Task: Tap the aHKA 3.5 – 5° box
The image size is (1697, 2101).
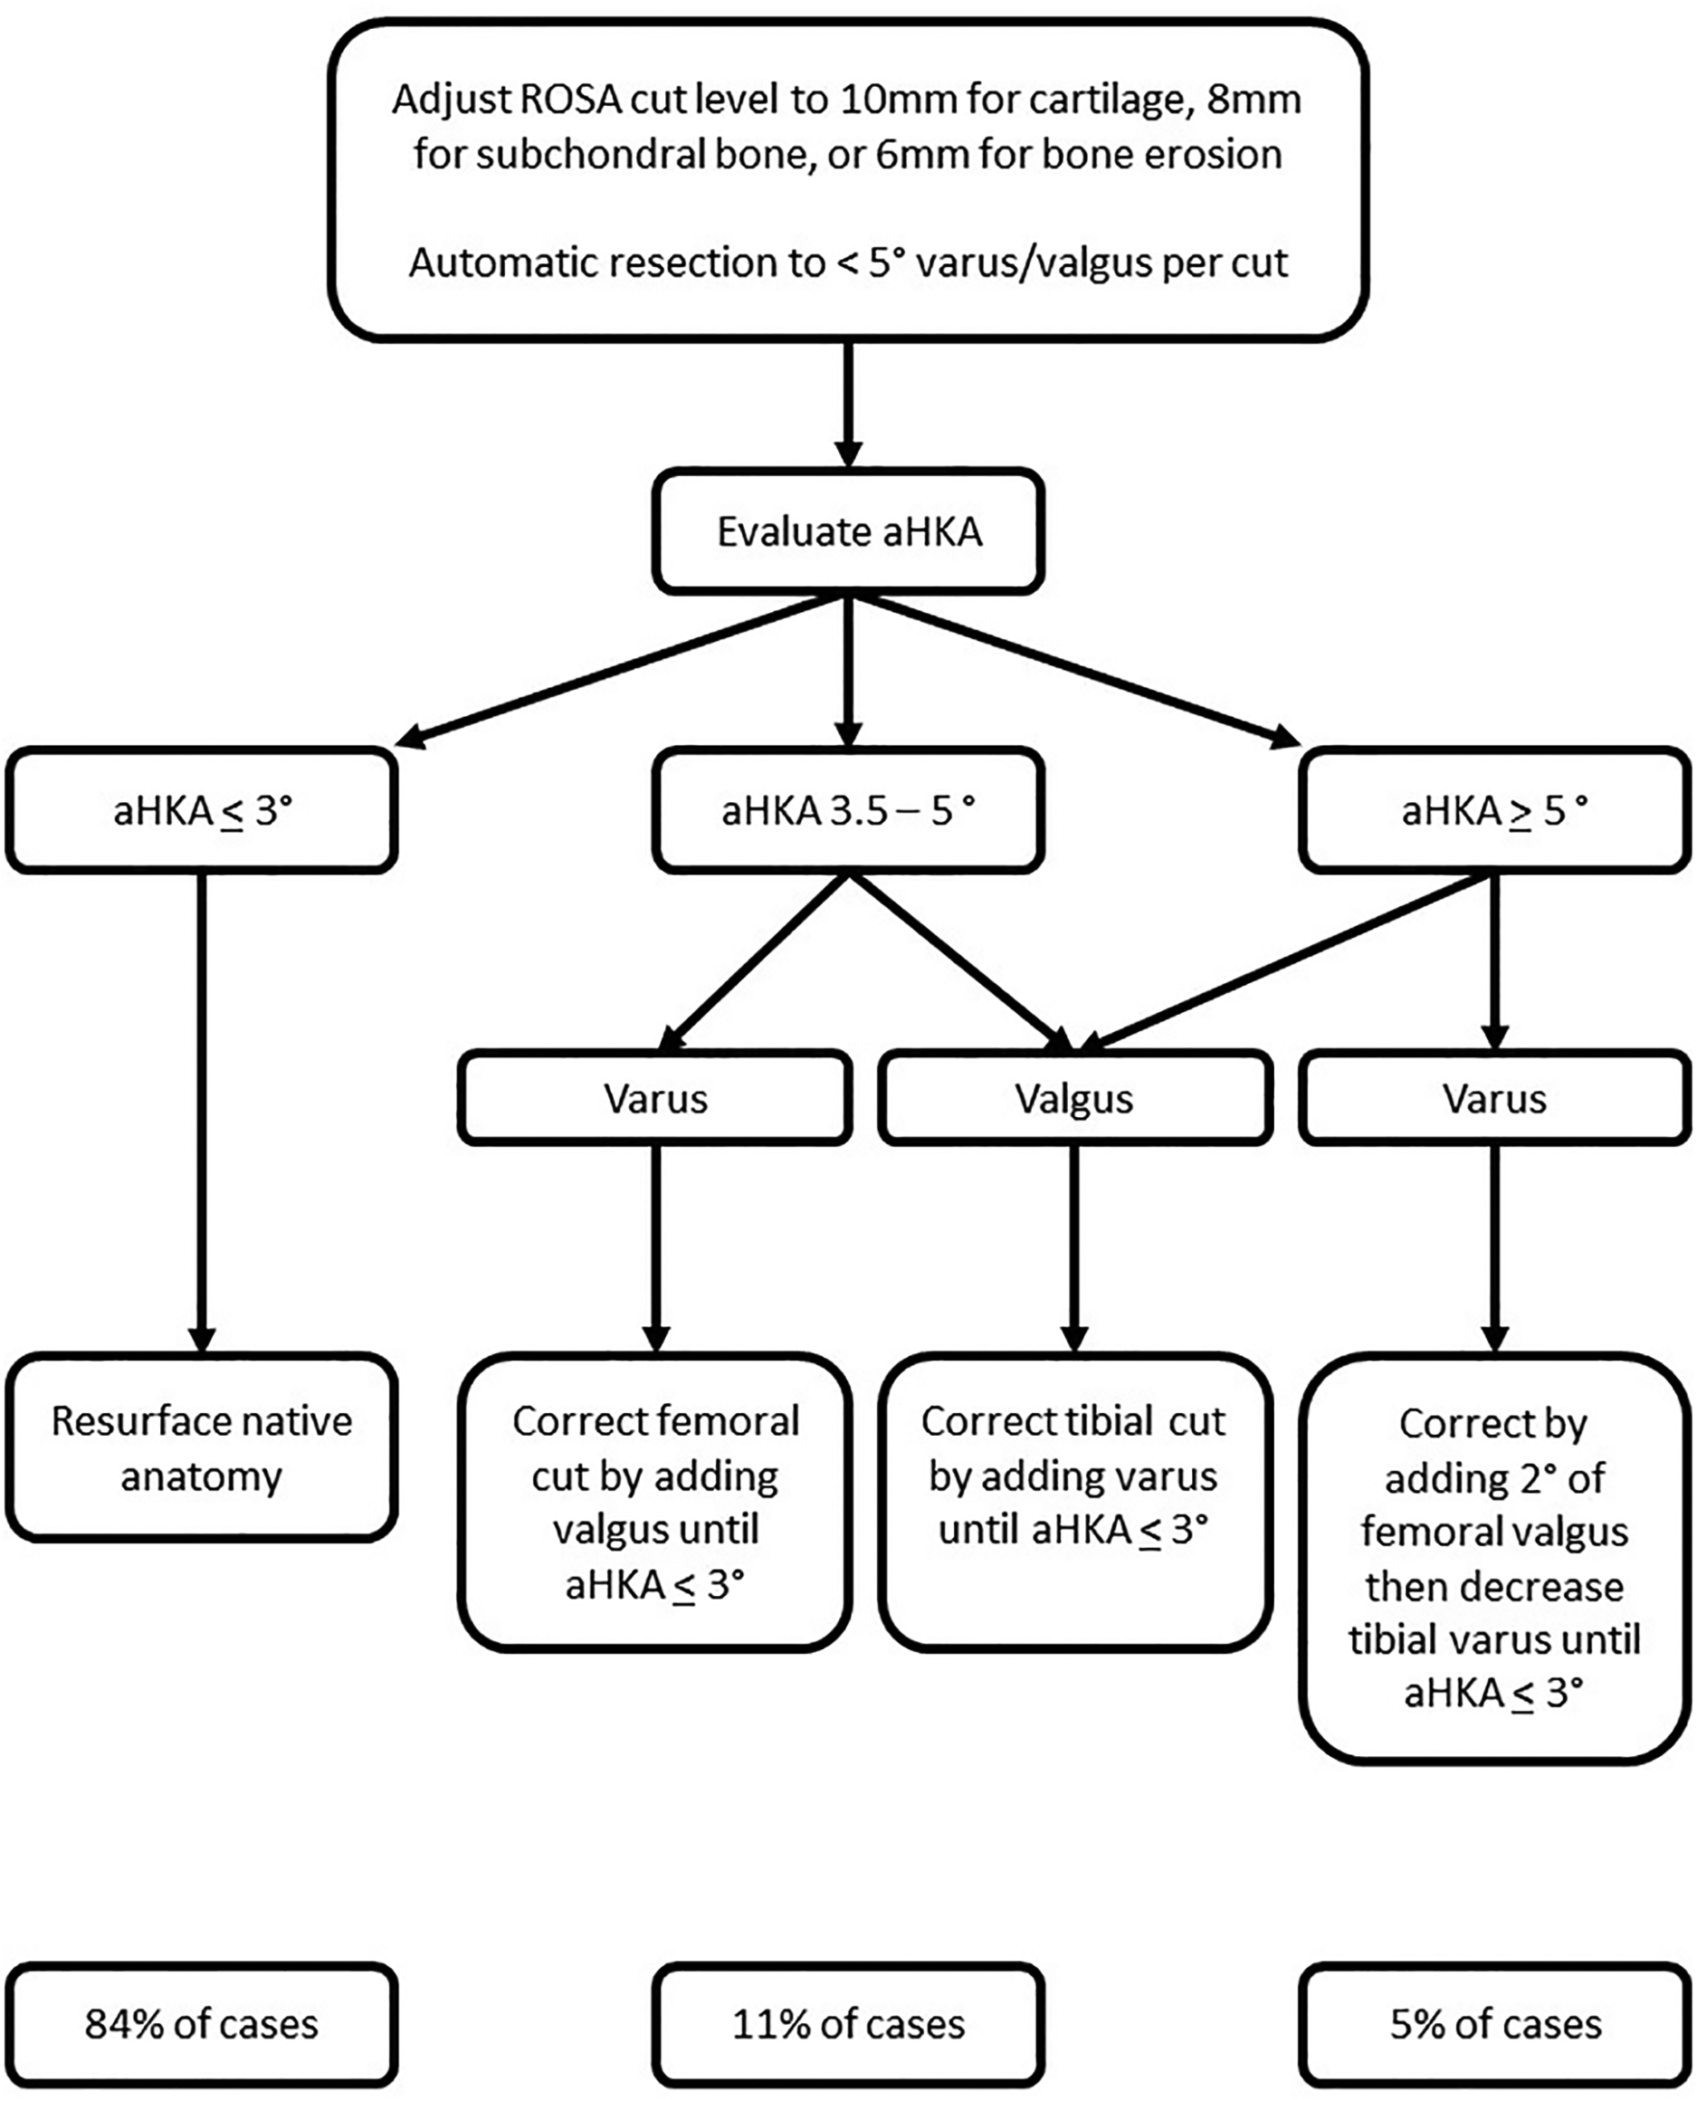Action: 849,810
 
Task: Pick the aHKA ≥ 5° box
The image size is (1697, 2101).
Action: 1494,810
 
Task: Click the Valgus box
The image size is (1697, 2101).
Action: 1074,1099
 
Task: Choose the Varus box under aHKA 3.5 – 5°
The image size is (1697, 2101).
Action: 655,1099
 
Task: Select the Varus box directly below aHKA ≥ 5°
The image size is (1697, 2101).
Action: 1494,1099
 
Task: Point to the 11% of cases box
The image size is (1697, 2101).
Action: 849,2024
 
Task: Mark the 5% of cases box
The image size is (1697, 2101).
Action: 1494,2024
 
